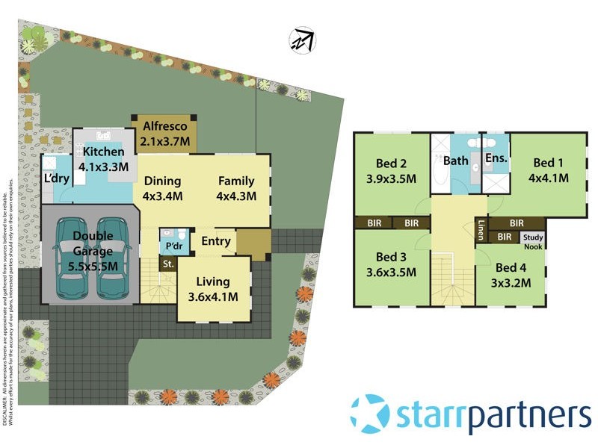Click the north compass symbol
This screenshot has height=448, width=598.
click(303, 40)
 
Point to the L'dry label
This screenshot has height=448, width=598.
click(56, 179)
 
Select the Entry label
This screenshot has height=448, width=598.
click(216, 241)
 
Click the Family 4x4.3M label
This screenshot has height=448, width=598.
click(236, 188)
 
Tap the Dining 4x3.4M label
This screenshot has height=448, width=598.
click(162, 188)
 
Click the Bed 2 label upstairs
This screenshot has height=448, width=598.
click(392, 164)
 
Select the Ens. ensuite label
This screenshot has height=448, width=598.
click(496, 159)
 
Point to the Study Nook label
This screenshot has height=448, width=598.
click(534, 241)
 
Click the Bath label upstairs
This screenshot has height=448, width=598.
click(455, 161)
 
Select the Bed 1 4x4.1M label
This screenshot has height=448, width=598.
click(549, 170)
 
